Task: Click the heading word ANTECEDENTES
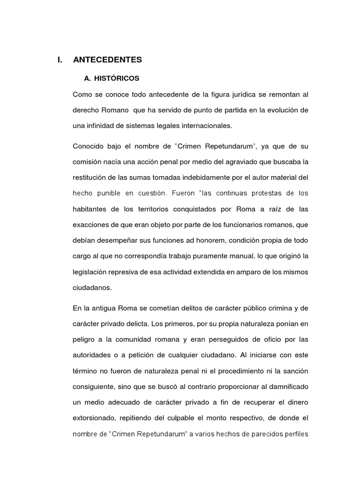point(107,60)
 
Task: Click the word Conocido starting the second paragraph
point(89,146)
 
